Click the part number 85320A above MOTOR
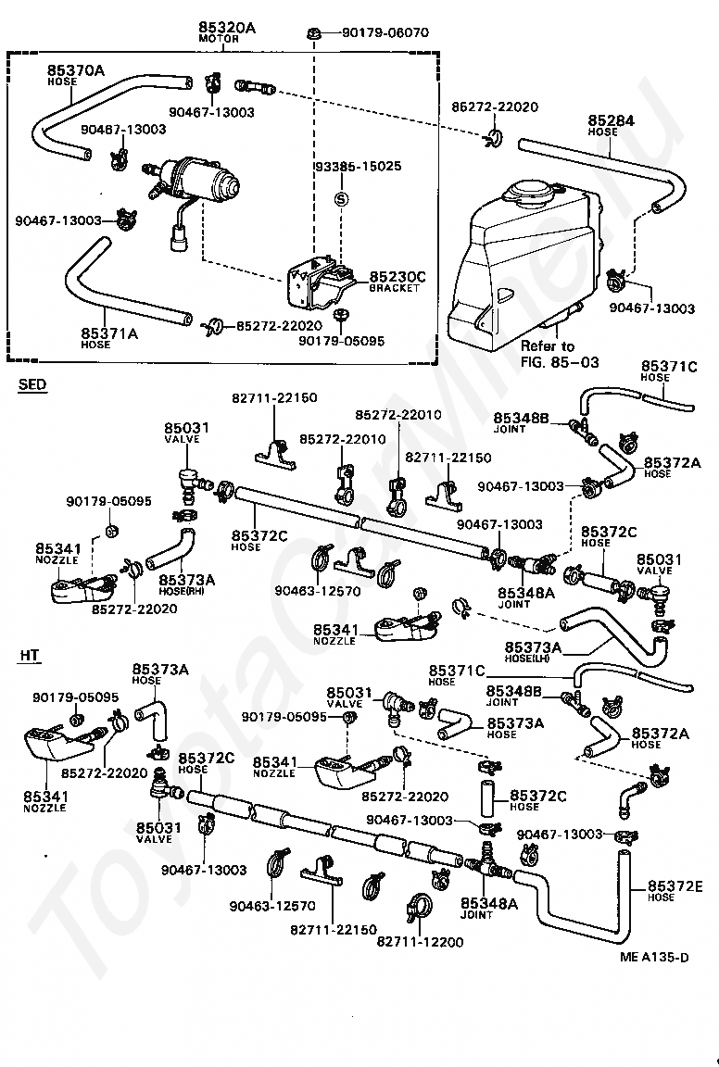(x=227, y=27)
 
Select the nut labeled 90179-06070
(x=315, y=32)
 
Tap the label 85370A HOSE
(x=76, y=74)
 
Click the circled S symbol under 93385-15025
(x=342, y=199)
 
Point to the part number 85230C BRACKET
(x=397, y=281)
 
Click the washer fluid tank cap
(x=533, y=188)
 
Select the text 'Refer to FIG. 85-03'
(x=560, y=354)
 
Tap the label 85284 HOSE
(x=611, y=125)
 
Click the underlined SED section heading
(x=32, y=384)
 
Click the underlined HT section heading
(x=30, y=656)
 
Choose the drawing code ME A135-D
(x=654, y=957)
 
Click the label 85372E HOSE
(x=675, y=890)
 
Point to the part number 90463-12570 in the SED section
(x=317, y=591)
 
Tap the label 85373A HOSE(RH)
(x=186, y=584)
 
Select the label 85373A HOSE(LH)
(x=533, y=652)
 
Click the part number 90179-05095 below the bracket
(x=341, y=340)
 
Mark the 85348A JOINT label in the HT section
(x=489, y=908)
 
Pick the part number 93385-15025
(x=359, y=166)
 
